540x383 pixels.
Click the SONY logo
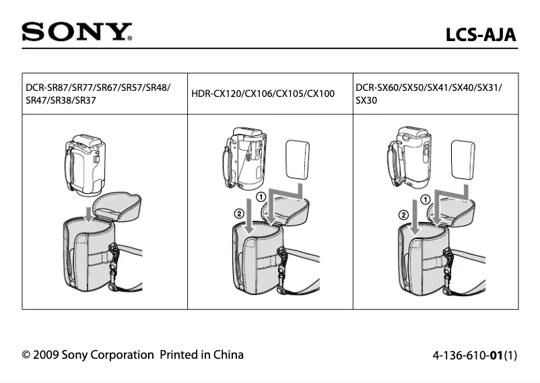point(76,32)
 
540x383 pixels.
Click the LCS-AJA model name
point(481,34)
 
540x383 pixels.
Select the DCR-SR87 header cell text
point(98,94)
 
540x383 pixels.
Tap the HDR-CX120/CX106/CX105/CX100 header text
point(263,94)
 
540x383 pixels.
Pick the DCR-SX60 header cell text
point(428,94)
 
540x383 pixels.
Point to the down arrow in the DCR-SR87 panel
point(88,214)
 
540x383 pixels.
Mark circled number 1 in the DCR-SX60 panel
point(426,200)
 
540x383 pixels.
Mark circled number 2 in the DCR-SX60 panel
point(403,215)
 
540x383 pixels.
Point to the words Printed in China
point(201,355)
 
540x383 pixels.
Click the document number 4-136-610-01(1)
point(470,355)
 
